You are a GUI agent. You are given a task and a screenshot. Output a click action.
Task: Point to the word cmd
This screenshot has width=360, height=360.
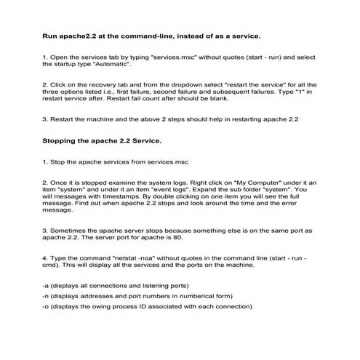(49, 265)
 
